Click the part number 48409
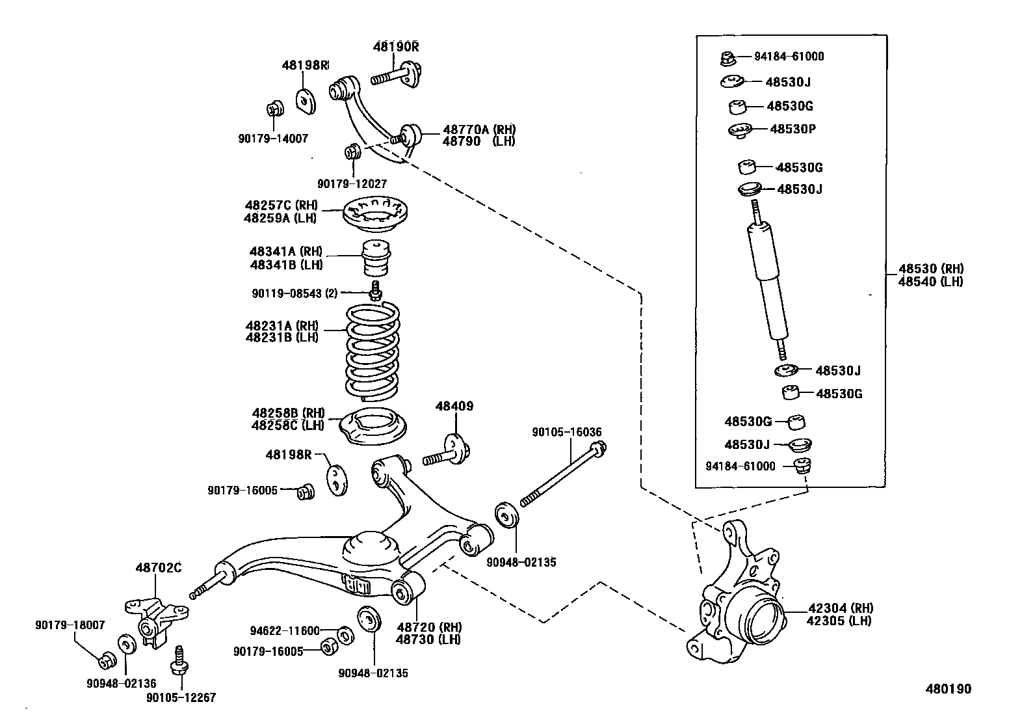454,407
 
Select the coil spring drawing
371,351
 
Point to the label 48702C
158,568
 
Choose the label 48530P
793,129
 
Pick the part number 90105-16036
566,432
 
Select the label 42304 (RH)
840,608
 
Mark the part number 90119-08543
287,293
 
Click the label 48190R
396,47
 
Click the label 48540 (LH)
930,282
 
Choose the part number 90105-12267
181,698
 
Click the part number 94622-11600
285,630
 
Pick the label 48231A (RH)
282,325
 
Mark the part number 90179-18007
70,625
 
